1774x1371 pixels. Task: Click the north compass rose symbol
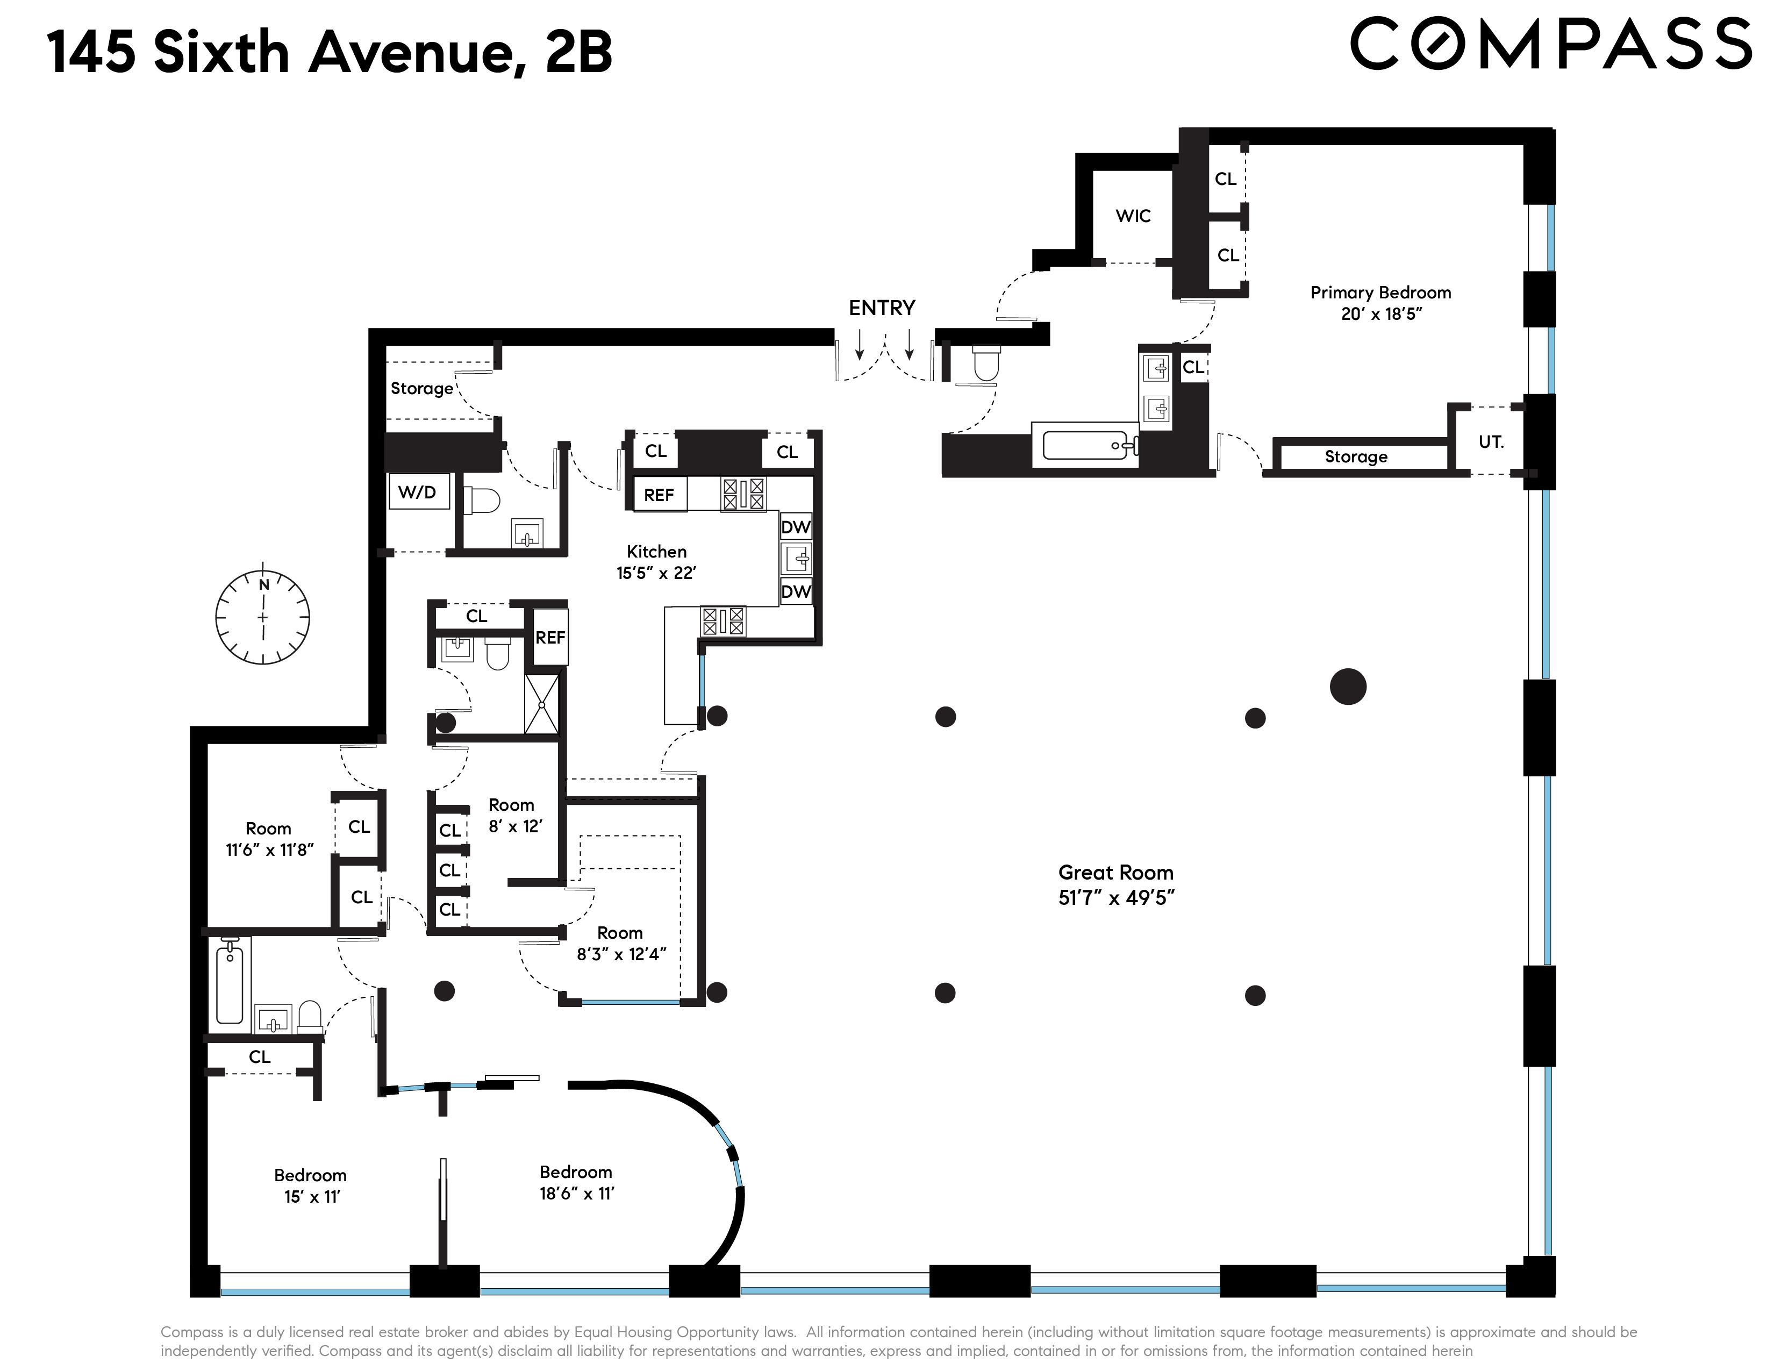262,617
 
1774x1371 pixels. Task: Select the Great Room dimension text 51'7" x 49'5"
1116,897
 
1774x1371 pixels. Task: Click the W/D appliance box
418,492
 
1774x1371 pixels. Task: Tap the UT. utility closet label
1491,442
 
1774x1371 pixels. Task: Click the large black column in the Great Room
1348,687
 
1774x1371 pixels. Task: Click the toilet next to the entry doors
985,364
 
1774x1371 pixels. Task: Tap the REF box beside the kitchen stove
659,495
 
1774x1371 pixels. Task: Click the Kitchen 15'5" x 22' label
656,562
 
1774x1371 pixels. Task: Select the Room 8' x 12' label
512,816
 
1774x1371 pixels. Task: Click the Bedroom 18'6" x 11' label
576,1183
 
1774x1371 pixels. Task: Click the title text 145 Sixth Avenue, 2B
329,52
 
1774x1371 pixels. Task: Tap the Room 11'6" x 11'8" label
269,839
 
